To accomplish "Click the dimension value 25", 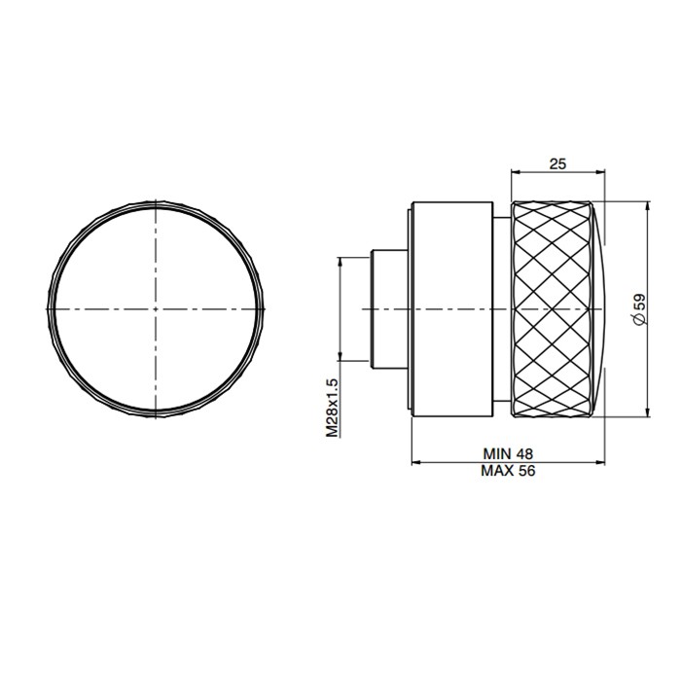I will tap(557, 164).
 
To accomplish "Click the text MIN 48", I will tap(508, 453).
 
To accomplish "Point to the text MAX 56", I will tap(508, 470).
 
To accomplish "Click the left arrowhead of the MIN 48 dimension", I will tap(415, 462).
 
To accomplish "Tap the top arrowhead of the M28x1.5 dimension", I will tap(340, 258).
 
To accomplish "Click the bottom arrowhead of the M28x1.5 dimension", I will tap(340, 359).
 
